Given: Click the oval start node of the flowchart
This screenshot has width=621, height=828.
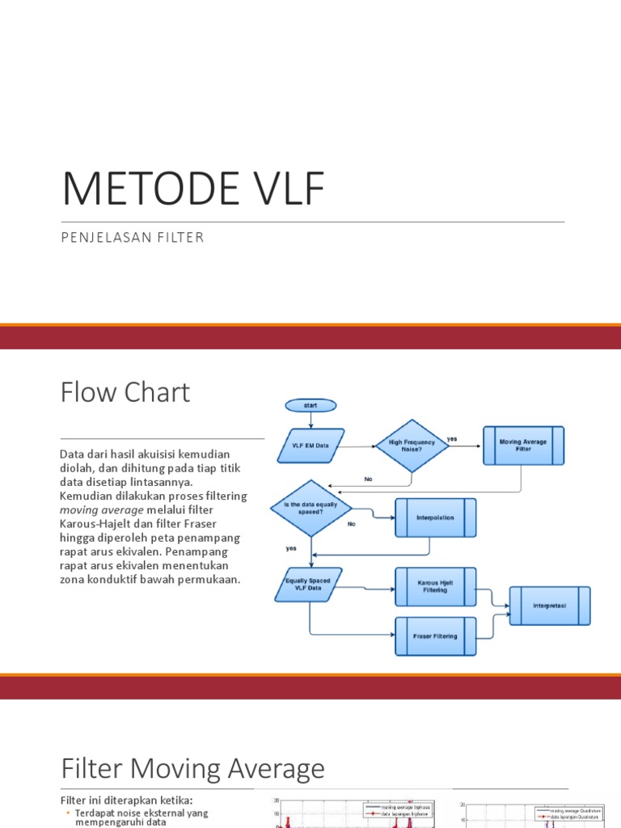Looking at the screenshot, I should [310, 405].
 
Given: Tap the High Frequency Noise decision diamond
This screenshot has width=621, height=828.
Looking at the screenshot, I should [412, 446].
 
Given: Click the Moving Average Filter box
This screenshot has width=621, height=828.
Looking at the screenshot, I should [523, 446].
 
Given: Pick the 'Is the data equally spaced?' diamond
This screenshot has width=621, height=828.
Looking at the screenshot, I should [311, 507].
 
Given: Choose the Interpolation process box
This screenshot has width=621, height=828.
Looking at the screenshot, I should [435, 517].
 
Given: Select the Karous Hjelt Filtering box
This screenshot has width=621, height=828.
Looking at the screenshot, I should [435, 586].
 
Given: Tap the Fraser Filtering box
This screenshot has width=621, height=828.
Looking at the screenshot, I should [435, 636].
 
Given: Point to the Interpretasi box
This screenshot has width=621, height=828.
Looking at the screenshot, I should [550, 606].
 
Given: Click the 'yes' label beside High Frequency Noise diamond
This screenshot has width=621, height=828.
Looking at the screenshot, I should [452, 439].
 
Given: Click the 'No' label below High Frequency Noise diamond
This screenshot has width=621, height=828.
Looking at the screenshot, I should [368, 479].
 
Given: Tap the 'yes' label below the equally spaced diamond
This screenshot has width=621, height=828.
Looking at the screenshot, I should [291, 547].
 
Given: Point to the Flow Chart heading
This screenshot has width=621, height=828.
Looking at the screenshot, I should [125, 392].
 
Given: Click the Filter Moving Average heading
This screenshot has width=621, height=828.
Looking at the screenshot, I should [192, 767].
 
